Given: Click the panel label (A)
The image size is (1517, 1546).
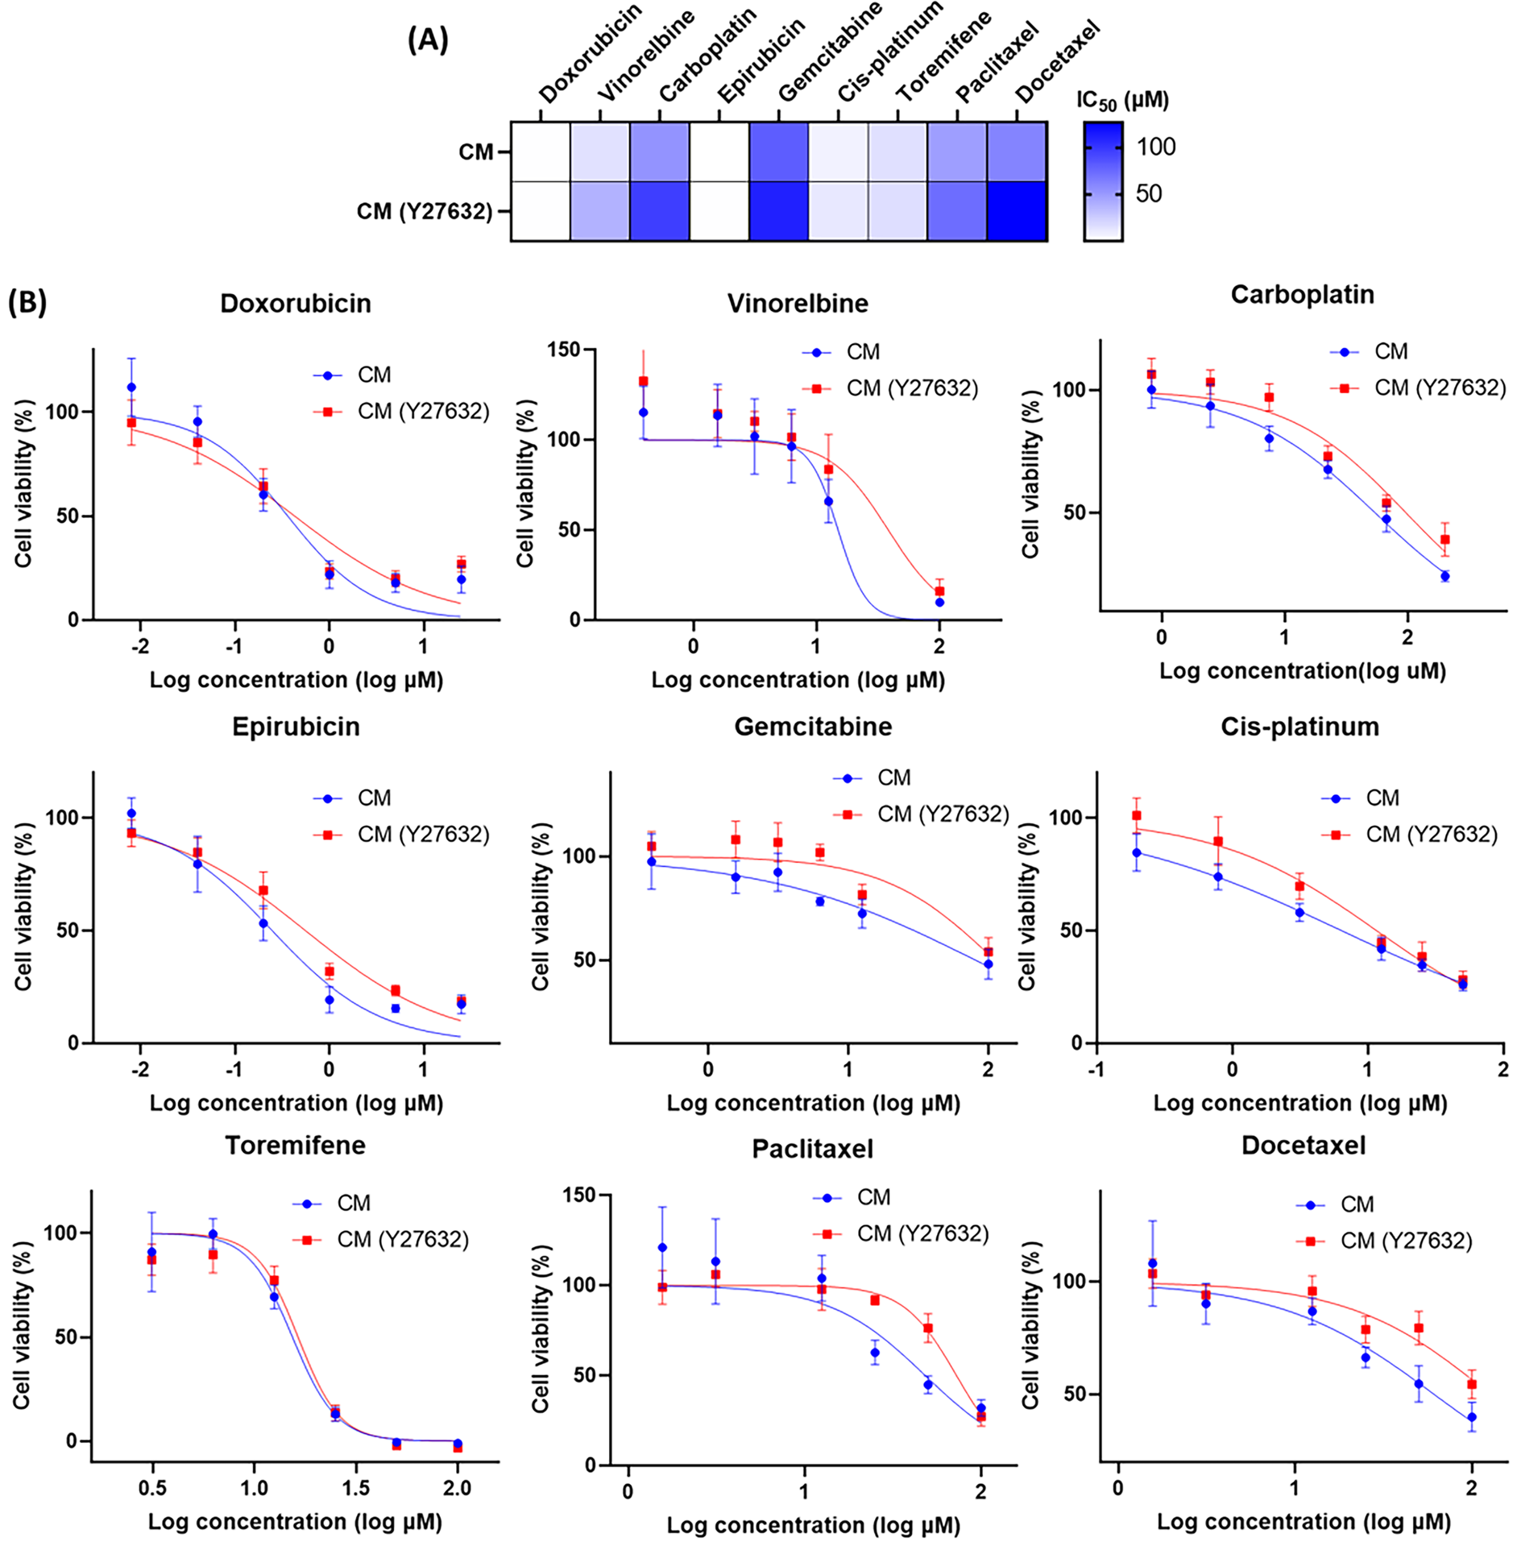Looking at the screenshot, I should (428, 40).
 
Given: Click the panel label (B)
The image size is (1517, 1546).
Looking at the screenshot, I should (27, 303).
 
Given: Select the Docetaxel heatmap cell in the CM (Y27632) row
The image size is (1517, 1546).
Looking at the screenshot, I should (1017, 211).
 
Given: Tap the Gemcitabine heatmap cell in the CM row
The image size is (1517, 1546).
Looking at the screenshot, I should (778, 151).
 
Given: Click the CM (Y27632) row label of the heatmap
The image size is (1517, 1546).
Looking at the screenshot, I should (424, 212).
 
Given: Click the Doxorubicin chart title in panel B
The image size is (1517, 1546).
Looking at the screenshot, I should (295, 303).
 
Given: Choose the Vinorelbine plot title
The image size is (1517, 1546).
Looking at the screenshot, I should (797, 303).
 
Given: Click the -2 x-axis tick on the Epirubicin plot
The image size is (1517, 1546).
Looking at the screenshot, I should (139, 1068).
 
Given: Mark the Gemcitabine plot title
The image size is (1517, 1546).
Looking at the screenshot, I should (813, 726).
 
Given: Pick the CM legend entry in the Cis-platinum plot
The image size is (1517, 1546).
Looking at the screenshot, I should (1382, 798).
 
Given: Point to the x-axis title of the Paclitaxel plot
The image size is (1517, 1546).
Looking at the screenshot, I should (813, 1525).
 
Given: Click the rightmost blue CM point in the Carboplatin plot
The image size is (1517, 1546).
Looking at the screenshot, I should (1445, 576).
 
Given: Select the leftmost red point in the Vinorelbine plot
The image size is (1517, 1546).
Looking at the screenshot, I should (643, 381).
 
